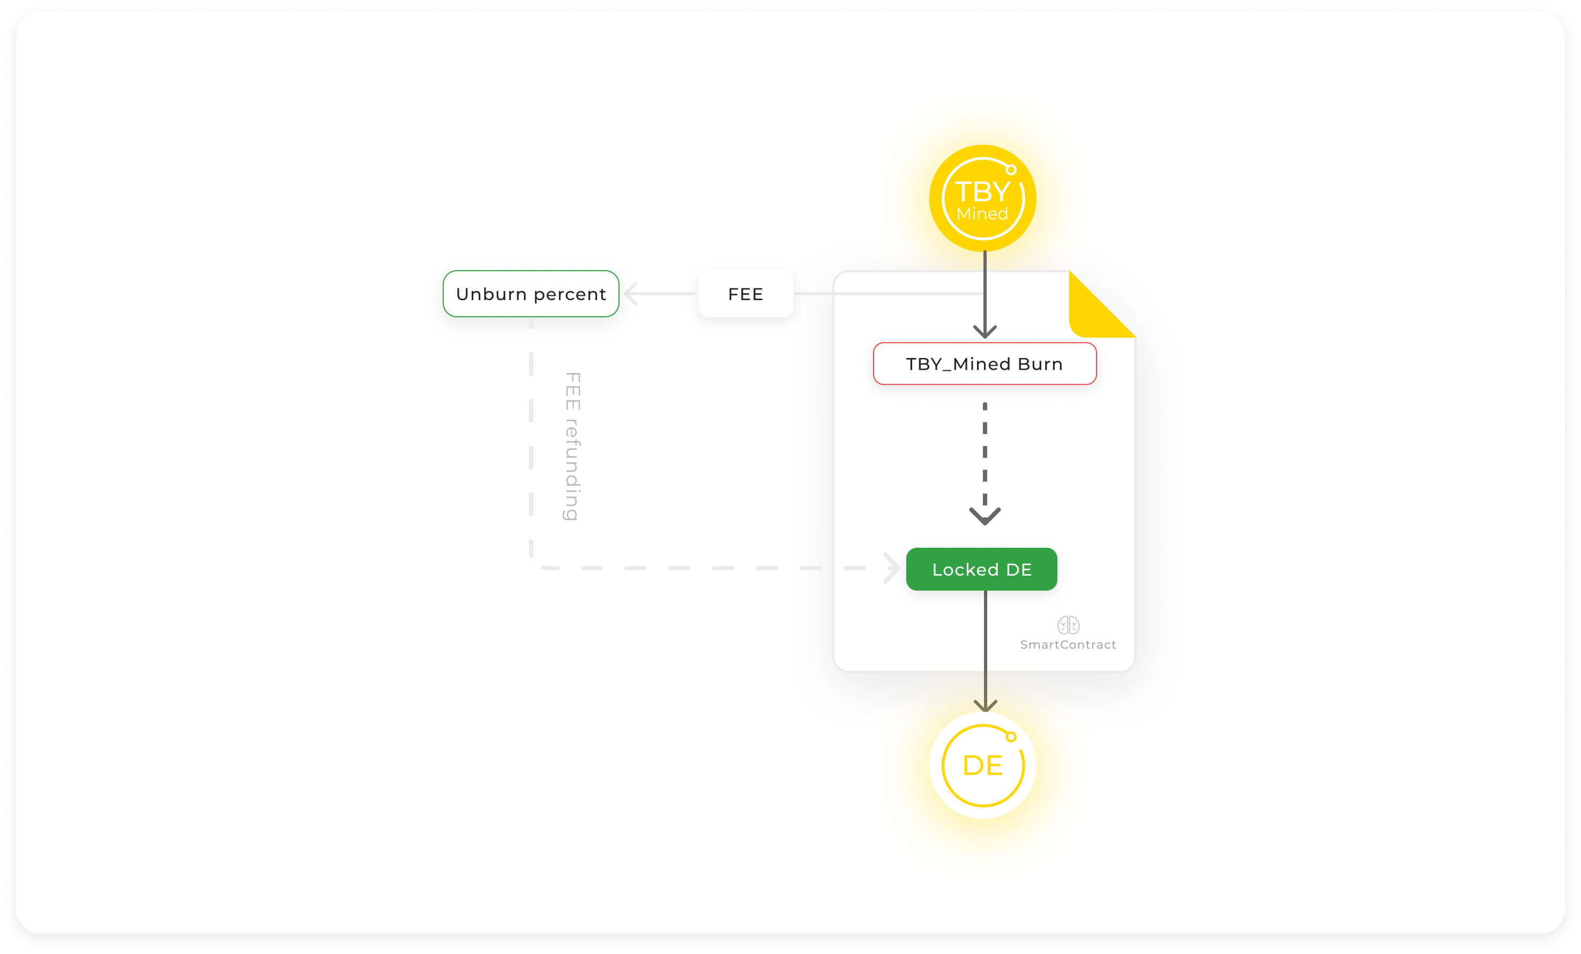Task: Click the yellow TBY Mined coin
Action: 982,198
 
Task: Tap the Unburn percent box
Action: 531,294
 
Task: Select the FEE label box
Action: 745,294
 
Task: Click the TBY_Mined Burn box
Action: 985,364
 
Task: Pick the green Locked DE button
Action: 981,569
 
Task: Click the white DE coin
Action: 982,765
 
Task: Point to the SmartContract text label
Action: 1068,645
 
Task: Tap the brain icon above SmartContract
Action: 1068,625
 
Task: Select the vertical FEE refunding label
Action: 572,446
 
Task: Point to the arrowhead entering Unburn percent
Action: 631,294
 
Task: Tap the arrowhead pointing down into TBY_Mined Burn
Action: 985,332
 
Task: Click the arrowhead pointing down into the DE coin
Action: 986,706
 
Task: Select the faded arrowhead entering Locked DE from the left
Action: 892,568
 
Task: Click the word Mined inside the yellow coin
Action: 982,214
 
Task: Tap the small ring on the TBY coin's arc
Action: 1011,170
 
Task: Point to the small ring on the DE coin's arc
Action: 1011,736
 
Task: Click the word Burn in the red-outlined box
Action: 1040,364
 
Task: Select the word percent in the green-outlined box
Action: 570,294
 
